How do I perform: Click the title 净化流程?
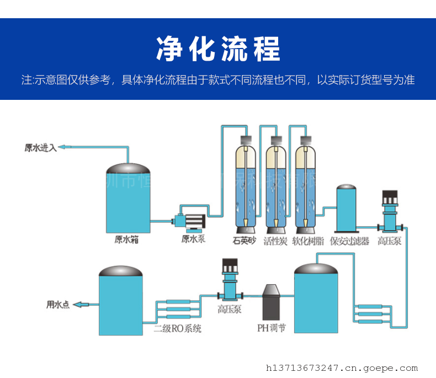pos(218,50)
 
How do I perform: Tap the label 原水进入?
pos(40,147)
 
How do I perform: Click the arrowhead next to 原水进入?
pos(63,147)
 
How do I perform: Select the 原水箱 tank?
pos(128,199)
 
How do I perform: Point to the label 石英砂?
pos(244,241)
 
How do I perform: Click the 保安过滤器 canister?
pos(347,209)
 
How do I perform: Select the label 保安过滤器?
pos(349,241)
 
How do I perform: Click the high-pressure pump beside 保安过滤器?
pos(390,212)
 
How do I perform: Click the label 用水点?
pos(57,304)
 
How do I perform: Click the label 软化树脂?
pos(307,241)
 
